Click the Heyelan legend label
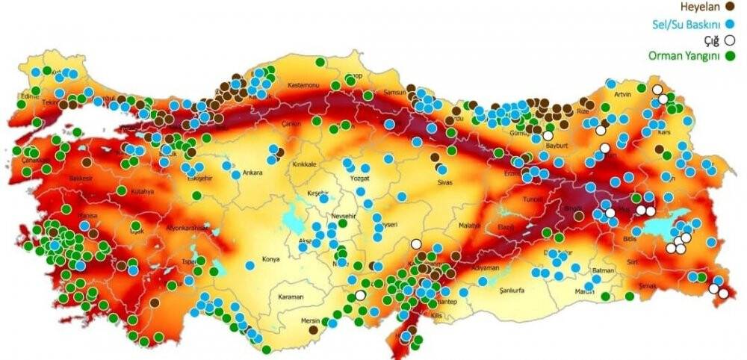(x=698, y=7)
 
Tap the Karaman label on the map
(x=291, y=297)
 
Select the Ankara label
(x=252, y=173)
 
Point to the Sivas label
(x=446, y=181)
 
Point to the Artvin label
(x=622, y=96)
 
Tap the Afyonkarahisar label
(x=185, y=227)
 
